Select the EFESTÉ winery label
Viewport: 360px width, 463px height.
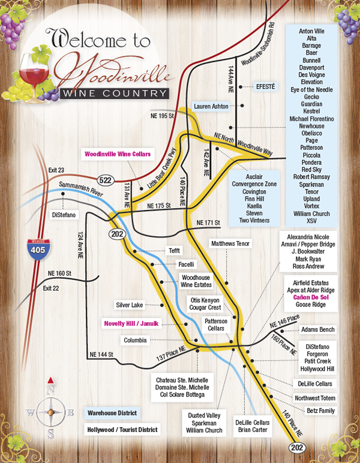265,86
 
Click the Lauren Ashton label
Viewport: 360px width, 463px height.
211,106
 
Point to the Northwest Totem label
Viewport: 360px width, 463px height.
316,398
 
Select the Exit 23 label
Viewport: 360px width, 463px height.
55,170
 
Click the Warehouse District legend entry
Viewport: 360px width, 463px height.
110,413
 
